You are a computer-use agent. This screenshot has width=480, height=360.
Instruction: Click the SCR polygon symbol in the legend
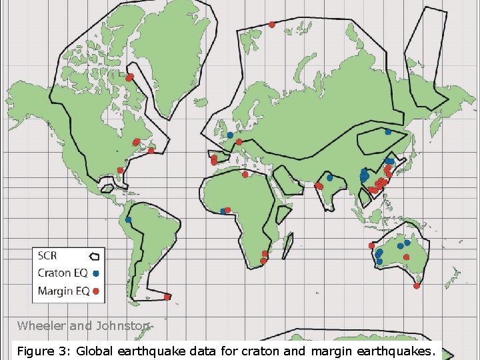[95, 255]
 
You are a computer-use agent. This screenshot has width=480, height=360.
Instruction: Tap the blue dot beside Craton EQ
[96, 273]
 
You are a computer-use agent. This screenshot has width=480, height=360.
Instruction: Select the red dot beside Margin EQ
[96, 290]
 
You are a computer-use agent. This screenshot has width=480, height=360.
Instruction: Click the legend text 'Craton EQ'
[63, 273]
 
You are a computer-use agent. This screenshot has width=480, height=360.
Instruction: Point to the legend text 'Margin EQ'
[63, 290]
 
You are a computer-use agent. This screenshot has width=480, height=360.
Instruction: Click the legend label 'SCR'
[48, 255]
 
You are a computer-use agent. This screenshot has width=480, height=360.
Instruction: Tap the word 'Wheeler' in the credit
[39, 326]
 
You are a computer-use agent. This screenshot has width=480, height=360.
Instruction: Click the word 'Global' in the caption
[90, 351]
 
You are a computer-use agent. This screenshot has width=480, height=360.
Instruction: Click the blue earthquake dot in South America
[127, 219]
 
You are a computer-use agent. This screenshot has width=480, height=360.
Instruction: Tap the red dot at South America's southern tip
[167, 297]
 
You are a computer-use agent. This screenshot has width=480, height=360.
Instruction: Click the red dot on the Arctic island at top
[272, 25]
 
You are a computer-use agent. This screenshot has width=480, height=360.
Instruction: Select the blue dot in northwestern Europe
[230, 135]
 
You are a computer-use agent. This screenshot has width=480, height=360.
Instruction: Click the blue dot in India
[329, 178]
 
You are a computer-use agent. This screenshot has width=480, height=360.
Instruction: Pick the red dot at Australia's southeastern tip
[417, 286]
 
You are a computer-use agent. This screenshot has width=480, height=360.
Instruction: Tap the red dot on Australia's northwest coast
[371, 246]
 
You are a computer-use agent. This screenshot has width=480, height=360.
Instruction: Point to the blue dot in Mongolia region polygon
[388, 131]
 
